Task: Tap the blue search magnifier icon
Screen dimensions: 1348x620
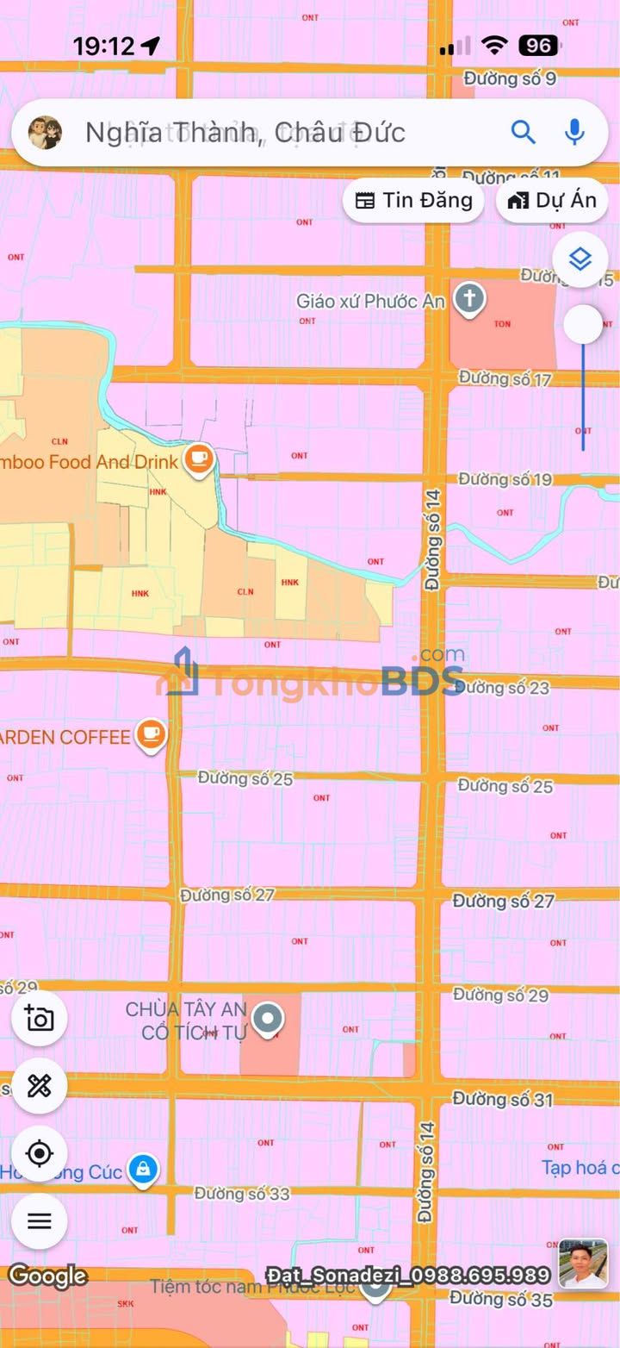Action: [x=523, y=132]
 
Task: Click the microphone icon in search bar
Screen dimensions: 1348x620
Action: [x=574, y=132]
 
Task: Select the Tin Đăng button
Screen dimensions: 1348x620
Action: [x=414, y=200]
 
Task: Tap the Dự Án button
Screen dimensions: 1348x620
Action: [x=552, y=200]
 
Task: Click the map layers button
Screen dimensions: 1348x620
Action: [x=580, y=259]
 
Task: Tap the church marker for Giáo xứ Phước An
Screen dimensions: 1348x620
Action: [x=470, y=300]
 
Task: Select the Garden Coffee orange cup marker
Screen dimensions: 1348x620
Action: [x=152, y=734]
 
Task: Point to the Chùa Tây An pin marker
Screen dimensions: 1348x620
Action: [x=269, y=1020]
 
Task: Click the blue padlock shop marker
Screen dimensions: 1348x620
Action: [x=143, y=1170]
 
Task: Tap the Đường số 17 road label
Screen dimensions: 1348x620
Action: [x=505, y=378]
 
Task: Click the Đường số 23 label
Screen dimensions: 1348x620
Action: [x=505, y=687]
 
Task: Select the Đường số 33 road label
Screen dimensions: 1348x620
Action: [x=242, y=1194]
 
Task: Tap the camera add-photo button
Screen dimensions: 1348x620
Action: [x=40, y=1019]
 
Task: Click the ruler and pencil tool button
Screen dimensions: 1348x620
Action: [x=40, y=1086]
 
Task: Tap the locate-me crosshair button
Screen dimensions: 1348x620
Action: [x=40, y=1153]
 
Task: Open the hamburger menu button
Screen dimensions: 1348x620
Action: [x=40, y=1220]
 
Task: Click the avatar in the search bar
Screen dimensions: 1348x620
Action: [x=45, y=132]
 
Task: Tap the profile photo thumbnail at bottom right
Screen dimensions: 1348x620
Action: [x=583, y=1264]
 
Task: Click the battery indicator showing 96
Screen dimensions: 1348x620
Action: [x=538, y=46]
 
